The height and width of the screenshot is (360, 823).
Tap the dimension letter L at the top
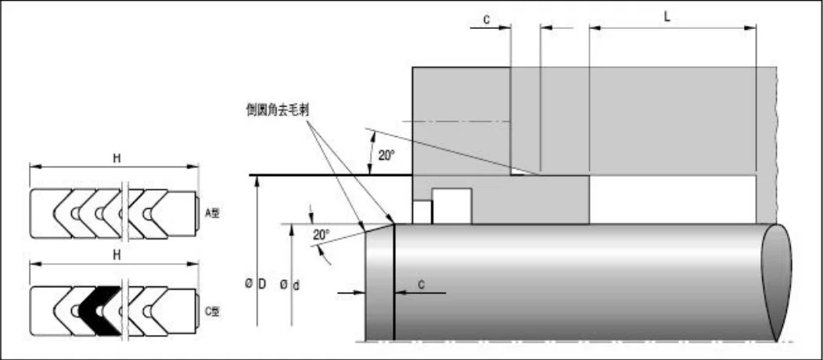click(x=667, y=15)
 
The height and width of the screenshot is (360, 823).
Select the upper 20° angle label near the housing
click(x=386, y=155)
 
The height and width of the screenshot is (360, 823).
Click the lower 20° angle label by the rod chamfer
click(x=322, y=233)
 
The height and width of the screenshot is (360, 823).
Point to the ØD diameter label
click(x=253, y=283)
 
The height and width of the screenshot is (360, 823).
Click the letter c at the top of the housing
click(x=486, y=19)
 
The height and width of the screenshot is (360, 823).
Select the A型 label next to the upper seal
click(x=212, y=212)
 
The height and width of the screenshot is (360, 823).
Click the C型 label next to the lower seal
click(x=212, y=311)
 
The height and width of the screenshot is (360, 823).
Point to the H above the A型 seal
click(x=116, y=158)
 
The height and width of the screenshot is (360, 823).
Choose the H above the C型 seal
click(x=116, y=256)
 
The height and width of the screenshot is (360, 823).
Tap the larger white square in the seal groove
click(x=451, y=206)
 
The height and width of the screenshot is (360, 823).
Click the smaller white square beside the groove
click(x=422, y=212)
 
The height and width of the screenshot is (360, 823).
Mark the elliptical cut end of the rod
click(x=777, y=282)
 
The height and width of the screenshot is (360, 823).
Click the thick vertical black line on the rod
click(x=394, y=282)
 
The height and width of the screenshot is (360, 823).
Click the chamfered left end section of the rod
click(x=380, y=283)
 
